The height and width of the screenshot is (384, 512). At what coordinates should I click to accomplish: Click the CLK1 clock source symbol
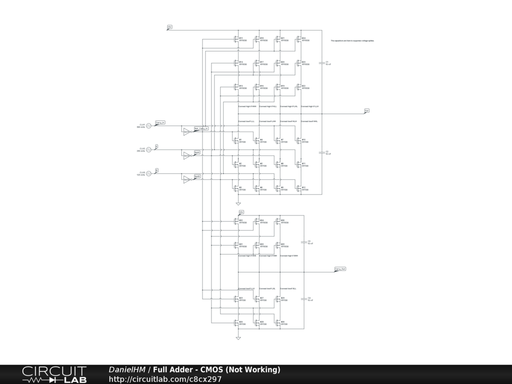(148, 126)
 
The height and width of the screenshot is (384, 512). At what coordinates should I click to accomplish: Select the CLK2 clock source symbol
(148, 150)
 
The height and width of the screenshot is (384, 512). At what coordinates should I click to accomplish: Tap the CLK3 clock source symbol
(148, 174)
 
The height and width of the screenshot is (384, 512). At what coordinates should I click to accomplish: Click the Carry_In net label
(160, 122)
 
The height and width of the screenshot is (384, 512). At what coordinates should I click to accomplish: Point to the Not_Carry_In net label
(201, 128)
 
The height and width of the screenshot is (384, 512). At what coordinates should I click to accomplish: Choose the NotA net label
(197, 152)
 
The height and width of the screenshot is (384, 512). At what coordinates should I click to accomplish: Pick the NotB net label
(197, 176)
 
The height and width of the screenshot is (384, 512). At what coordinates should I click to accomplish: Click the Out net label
(366, 110)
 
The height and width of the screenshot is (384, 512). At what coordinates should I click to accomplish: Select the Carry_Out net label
(340, 269)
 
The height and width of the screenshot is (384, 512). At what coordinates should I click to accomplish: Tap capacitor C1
(321, 63)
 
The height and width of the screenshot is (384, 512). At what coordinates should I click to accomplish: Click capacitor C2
(321, 152)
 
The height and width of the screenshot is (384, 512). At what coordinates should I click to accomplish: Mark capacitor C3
(303, 242)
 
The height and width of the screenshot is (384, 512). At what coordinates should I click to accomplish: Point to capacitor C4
(303, 299)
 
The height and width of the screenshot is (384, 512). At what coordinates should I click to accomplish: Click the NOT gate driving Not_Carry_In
(186, 131)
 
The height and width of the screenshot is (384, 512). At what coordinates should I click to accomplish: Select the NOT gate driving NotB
(186, 179)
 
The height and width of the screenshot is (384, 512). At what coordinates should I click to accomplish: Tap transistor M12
(300, 188)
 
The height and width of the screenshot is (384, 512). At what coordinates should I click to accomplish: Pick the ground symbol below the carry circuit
(238, 338)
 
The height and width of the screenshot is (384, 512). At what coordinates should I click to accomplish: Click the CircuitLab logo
(54, 374)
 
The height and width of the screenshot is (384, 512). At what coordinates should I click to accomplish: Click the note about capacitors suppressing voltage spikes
(352, 40)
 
